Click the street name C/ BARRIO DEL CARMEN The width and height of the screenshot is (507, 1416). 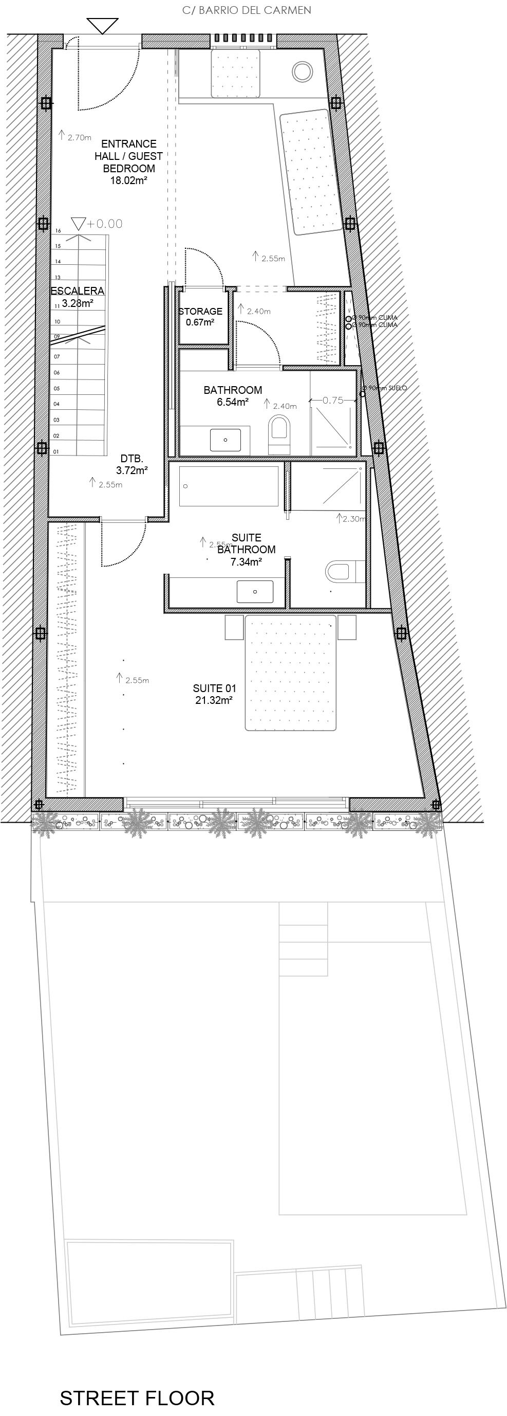point(247,10)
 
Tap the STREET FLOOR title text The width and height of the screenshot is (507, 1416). point(137,1398)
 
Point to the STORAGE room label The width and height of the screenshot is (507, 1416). point(200,311)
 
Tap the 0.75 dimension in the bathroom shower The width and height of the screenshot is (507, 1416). point(333,400)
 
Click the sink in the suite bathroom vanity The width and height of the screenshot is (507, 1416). point(255,591)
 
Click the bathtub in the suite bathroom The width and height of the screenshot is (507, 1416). point(229,486)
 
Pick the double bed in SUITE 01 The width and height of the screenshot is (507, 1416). point(290,674)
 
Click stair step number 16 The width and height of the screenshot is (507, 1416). point(58,231)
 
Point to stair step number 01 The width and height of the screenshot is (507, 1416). point(56,452)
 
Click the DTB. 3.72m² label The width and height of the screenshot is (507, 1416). point(132,464)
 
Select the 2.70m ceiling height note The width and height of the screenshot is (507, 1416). point(79,138)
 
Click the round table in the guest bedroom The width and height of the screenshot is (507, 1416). point(302,71)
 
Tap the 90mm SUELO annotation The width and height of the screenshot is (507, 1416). point(387,388)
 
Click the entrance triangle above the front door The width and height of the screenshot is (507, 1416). point(103,25)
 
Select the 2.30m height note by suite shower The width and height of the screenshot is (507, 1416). point(353,518)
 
